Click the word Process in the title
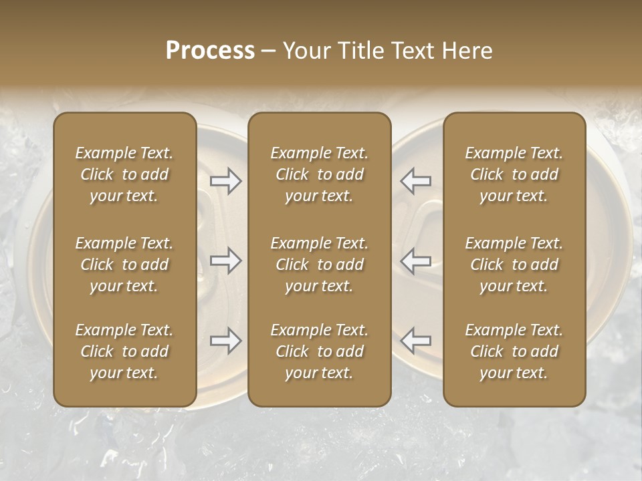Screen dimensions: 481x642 pyautogui.click(x=210, y=51)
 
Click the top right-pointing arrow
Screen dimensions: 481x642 pyautogui.click(x=225, y=181)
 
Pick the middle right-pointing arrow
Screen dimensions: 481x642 pyautogui.click(x=225, y=261)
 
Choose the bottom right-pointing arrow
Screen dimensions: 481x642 pyautogui.click(x=225, y=341)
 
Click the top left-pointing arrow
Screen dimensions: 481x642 pyautogui.click(x=416, y=181)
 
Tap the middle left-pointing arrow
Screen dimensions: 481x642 pyautogui.click(x=416, y=261)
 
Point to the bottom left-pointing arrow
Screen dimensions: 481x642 pyautogui.click(x=416, y=341)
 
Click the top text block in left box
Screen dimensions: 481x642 pyautogui.click(x=124, y=174)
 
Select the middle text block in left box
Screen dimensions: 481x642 pyautogui.click(x=124, y=265)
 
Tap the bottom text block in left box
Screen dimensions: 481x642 pyautogui.click(x=124, y=351)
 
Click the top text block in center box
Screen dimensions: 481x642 pyautogui.click(x=319, y=174)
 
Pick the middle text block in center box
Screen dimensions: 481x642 pyautogui.click(x=319, y=265)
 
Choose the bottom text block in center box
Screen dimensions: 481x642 pyautogui.click(x=319, y=351)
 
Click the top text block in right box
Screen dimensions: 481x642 pyautogui.click(x=514, y=174)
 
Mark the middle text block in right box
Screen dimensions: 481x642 pyautogui.click(x=514, y=265)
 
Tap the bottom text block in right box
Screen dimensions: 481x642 pyautogui.click(x=514, y=351)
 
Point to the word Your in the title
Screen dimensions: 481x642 pyautogui.click(x=304, y=51)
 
